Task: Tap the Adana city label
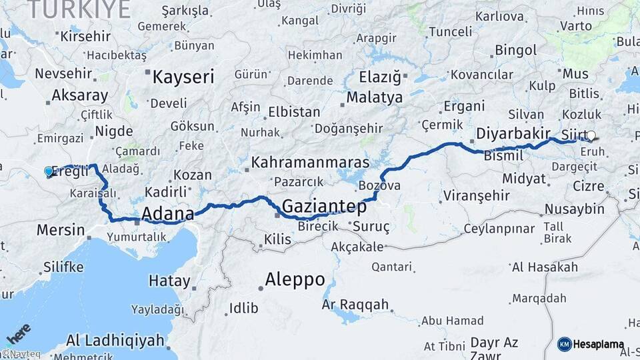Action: [167, 214]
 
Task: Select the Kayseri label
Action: [183, 77]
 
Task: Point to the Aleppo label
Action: [295, 279]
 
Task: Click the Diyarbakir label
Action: [513, 133]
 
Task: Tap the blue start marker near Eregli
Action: [49, 171]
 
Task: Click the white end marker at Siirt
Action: [591, 135]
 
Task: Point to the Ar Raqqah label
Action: [355, 305]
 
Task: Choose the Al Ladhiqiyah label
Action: [115, 341]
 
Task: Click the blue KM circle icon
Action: [564, 344]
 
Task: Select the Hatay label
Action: [169, 281]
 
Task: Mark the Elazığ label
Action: [381, 77]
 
